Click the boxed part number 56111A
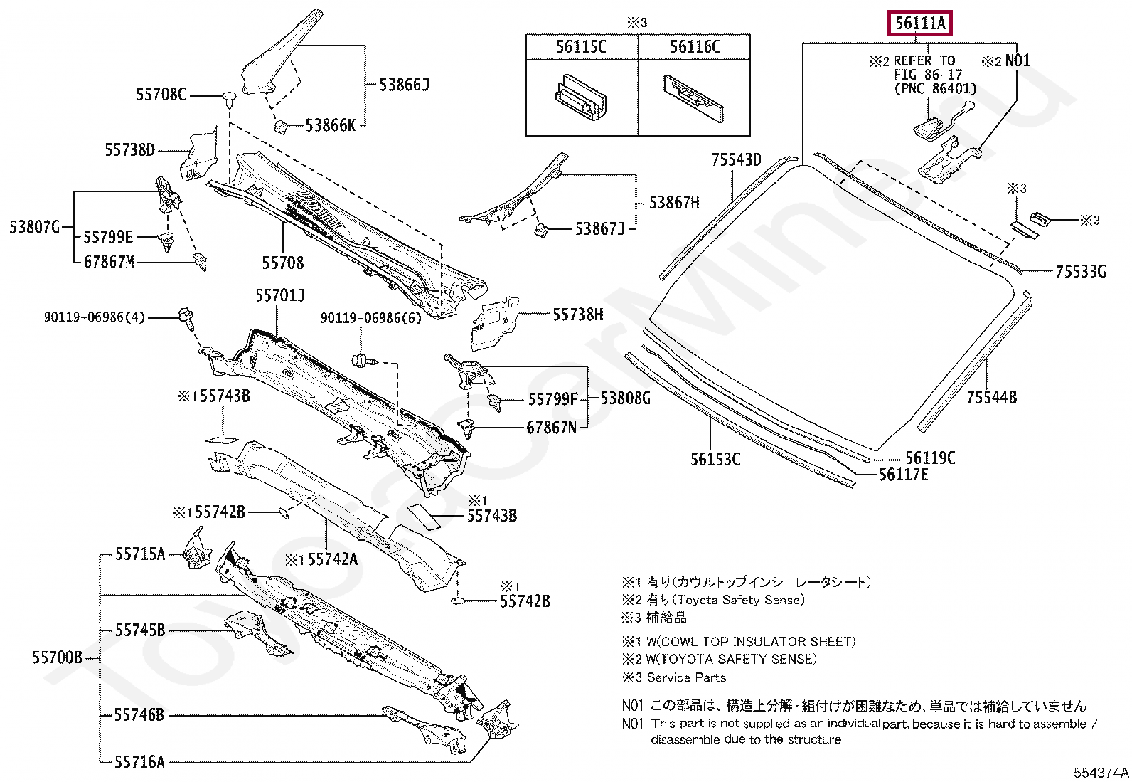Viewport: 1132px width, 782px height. (920, 23)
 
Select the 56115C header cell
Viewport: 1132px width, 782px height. (581, 47)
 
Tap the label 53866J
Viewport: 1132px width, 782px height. (404, 85)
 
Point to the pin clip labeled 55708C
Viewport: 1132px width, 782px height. (228, 97)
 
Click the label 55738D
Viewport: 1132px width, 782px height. (129, 149)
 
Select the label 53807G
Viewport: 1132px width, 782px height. (34, 227)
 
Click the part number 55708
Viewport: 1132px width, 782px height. (282, 263)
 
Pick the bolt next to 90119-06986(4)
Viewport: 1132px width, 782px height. (187, 317)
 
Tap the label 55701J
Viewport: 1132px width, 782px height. (280, 295)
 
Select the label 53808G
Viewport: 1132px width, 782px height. (625, 398)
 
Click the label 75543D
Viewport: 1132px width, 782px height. (736, 160)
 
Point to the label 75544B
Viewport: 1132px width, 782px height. (991, 398)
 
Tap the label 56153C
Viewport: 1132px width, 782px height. (715, 460)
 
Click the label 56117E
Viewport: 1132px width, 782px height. (903, 475)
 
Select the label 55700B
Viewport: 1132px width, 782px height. (57, 657)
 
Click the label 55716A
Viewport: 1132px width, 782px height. (139, 762)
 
